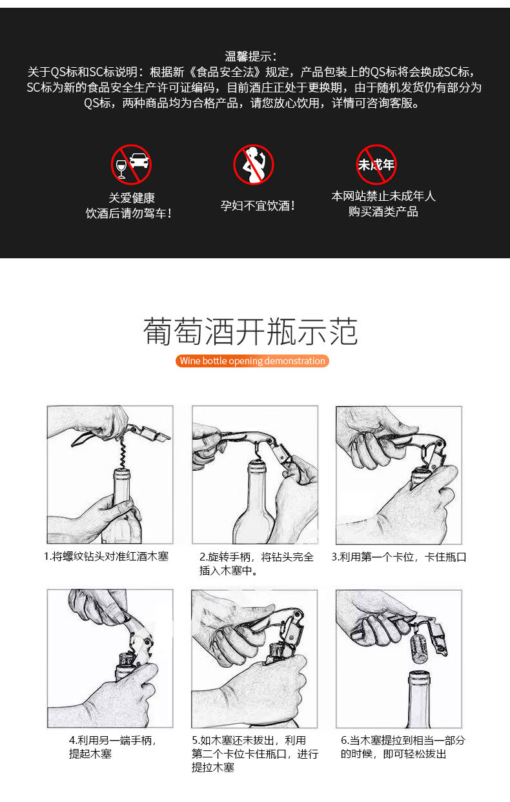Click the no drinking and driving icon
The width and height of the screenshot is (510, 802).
pos(131,165)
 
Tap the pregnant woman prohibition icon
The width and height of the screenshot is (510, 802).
pos(254,165)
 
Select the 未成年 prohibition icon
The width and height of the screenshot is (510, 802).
pos(376,165)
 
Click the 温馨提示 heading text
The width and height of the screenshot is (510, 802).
pos(251,57)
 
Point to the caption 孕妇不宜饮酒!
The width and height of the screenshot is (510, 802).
pos(258,206)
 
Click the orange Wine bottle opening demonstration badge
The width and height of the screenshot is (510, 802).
pos(252,360)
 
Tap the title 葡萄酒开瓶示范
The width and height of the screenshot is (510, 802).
pos(250,331)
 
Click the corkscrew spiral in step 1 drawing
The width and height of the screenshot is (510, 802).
pos(123,453)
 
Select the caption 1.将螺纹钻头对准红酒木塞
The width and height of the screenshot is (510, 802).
pos(106,557)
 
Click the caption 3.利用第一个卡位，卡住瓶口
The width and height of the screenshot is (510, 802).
pos(399,557)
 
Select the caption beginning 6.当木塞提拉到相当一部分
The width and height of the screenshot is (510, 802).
pos(403,747)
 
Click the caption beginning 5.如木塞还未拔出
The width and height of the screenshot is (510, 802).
pos(255,754)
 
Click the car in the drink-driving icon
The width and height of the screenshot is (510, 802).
pos(139,161)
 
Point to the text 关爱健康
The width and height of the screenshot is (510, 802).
pos(132,198)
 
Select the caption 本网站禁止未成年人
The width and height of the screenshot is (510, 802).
pos(383,196)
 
